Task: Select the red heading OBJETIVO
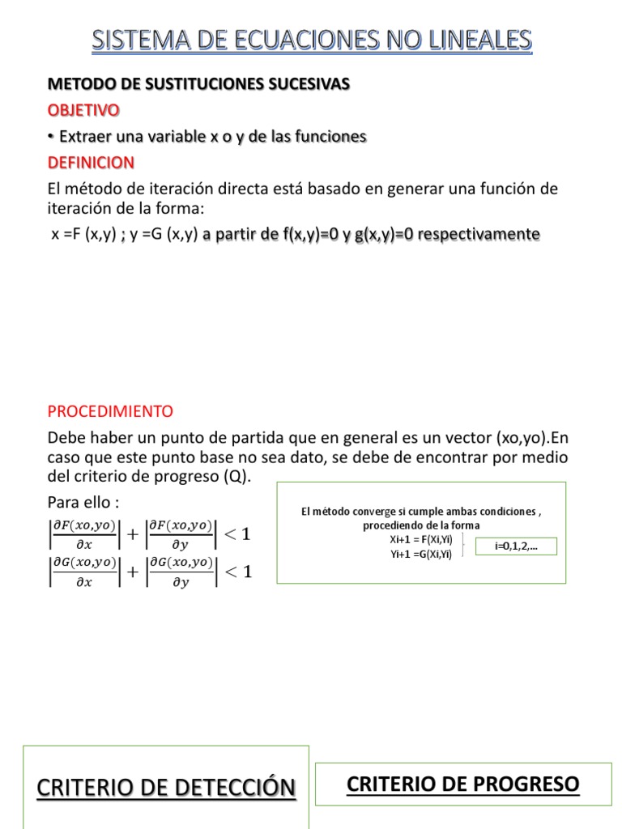(x=83, y=109)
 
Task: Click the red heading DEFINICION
(x=91, y=163)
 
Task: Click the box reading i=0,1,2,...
(x=516, y=546)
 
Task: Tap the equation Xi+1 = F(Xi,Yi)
(x=420, y=539)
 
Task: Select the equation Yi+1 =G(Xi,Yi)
(x=420, y=554)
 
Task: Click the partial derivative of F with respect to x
(x=83, y=535)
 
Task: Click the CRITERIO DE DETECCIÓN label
(x=166, y=787)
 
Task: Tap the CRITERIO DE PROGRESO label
(x=462, y=784)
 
